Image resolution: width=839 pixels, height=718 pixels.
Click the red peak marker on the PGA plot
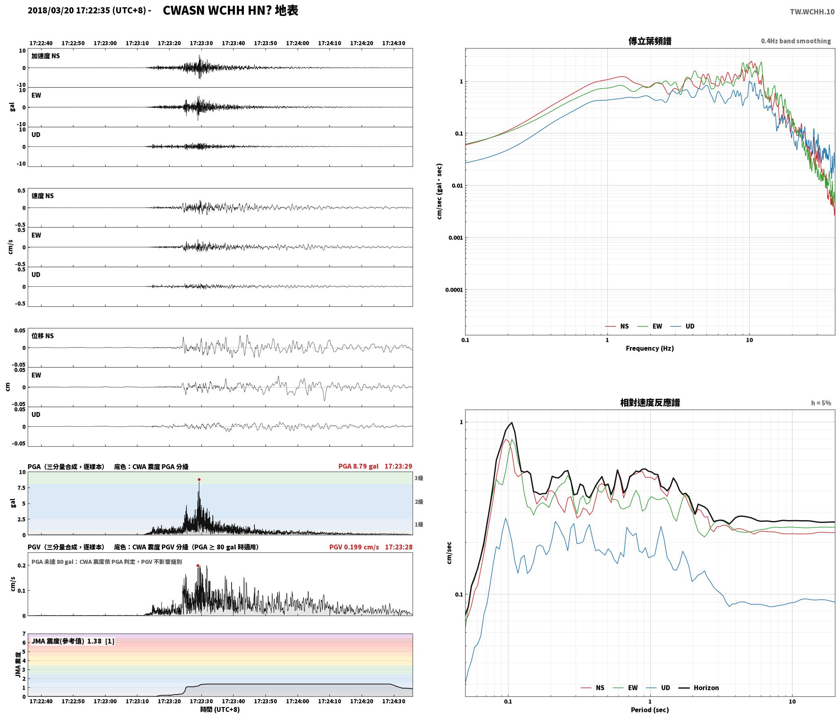pos(199,479)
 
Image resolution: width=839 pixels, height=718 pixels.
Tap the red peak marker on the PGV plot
pos(198,565)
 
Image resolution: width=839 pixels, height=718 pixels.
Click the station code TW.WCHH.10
pos(812,12)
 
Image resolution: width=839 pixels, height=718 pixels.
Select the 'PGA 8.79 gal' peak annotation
pos(358,466)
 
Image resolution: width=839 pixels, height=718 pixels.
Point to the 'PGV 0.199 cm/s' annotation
pos(354,547)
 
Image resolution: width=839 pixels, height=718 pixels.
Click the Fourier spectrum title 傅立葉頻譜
pos(650,41)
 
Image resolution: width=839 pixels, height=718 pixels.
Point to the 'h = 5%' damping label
pos(821,403)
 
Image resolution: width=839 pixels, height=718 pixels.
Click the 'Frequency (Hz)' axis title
pos(650,348)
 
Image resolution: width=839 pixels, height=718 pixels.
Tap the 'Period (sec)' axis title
pos(650,709)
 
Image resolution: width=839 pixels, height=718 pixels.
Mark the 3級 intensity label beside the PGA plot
pos(419,478)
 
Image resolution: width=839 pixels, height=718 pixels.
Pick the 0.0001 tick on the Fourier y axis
pos(454,290)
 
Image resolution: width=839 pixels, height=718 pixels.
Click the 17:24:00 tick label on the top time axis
pos(297,43)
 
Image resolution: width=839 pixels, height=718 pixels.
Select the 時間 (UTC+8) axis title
pos(220,709)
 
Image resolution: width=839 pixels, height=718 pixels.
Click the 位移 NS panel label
pos(42,336)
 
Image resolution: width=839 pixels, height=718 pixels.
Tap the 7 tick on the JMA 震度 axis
pos(24,634)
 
